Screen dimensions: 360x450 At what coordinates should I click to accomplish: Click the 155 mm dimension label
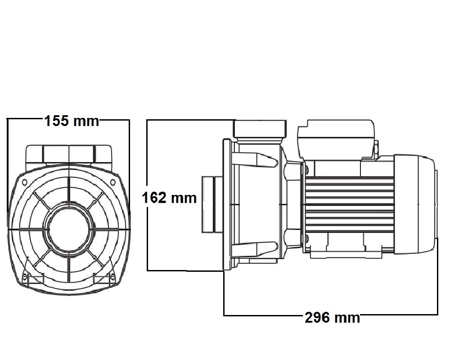(x=72, y=121)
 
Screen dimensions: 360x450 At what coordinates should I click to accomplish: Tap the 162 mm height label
(x=170, y=198)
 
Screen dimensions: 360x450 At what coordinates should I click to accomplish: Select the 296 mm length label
(x=332, y=318)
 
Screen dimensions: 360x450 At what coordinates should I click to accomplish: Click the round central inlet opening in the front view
(x=69, y=229)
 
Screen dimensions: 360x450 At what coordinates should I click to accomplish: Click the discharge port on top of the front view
(x=69, y=153)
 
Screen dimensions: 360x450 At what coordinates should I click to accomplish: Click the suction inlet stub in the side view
(x=211, y=205)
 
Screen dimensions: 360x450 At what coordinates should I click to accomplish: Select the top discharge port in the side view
(x=260, y=129)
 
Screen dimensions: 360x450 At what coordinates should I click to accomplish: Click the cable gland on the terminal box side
(x=376, y=149)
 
